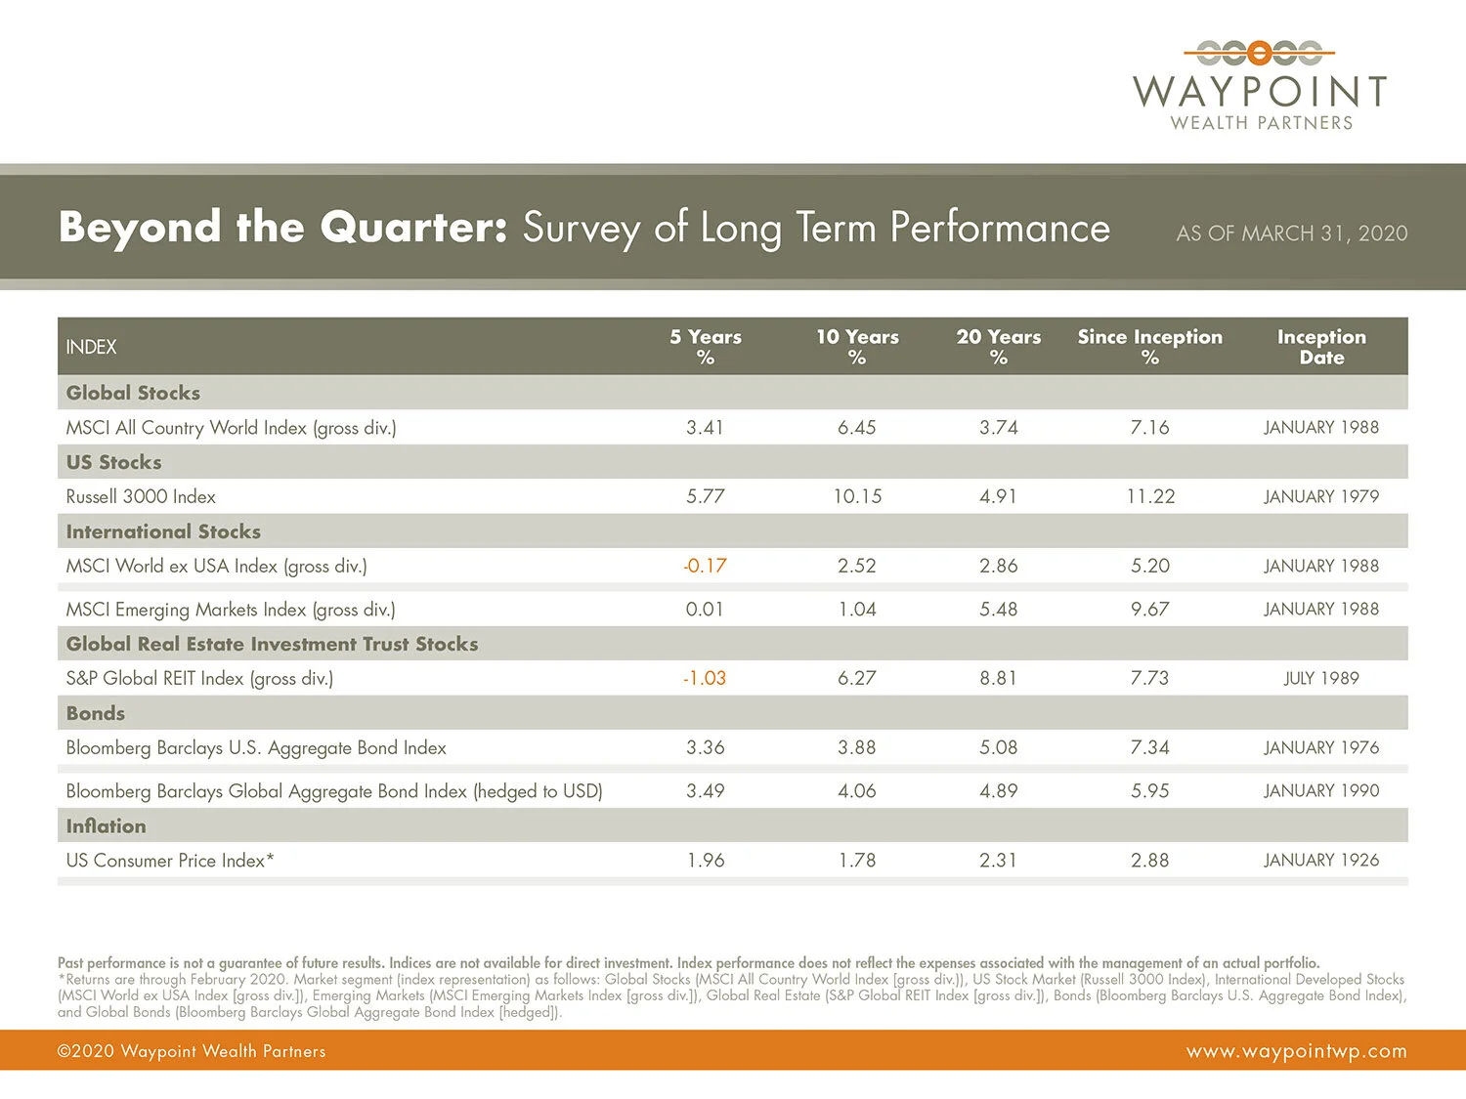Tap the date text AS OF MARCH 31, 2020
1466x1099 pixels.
(1291, 233)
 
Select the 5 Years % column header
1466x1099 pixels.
(705, 347)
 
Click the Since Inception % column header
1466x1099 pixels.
(1149, 347)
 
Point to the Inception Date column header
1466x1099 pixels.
(1321, 347)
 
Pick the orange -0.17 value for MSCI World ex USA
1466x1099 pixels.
(705, 566)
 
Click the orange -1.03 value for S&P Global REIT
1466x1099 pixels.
(705, 678)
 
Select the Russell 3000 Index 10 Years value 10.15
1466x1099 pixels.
(857, 496)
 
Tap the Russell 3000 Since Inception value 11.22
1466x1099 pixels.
(1150, 496)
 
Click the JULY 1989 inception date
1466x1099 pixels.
(1321, 678)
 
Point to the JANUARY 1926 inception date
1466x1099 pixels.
(1321, 860)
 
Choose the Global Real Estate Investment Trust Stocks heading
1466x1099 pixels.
(272, 644)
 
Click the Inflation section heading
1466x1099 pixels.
(106, 825)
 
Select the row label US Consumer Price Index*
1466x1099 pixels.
(170, 861)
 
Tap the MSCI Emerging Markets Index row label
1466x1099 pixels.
(231, 610)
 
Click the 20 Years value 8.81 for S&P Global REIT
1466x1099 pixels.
(998, 678)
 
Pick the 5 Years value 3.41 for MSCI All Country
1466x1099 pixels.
(705, 427)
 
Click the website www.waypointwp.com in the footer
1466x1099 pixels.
(1296, 1051)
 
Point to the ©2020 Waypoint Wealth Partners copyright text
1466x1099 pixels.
(192, 1051)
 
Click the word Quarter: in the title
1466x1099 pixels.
(413, 228)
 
